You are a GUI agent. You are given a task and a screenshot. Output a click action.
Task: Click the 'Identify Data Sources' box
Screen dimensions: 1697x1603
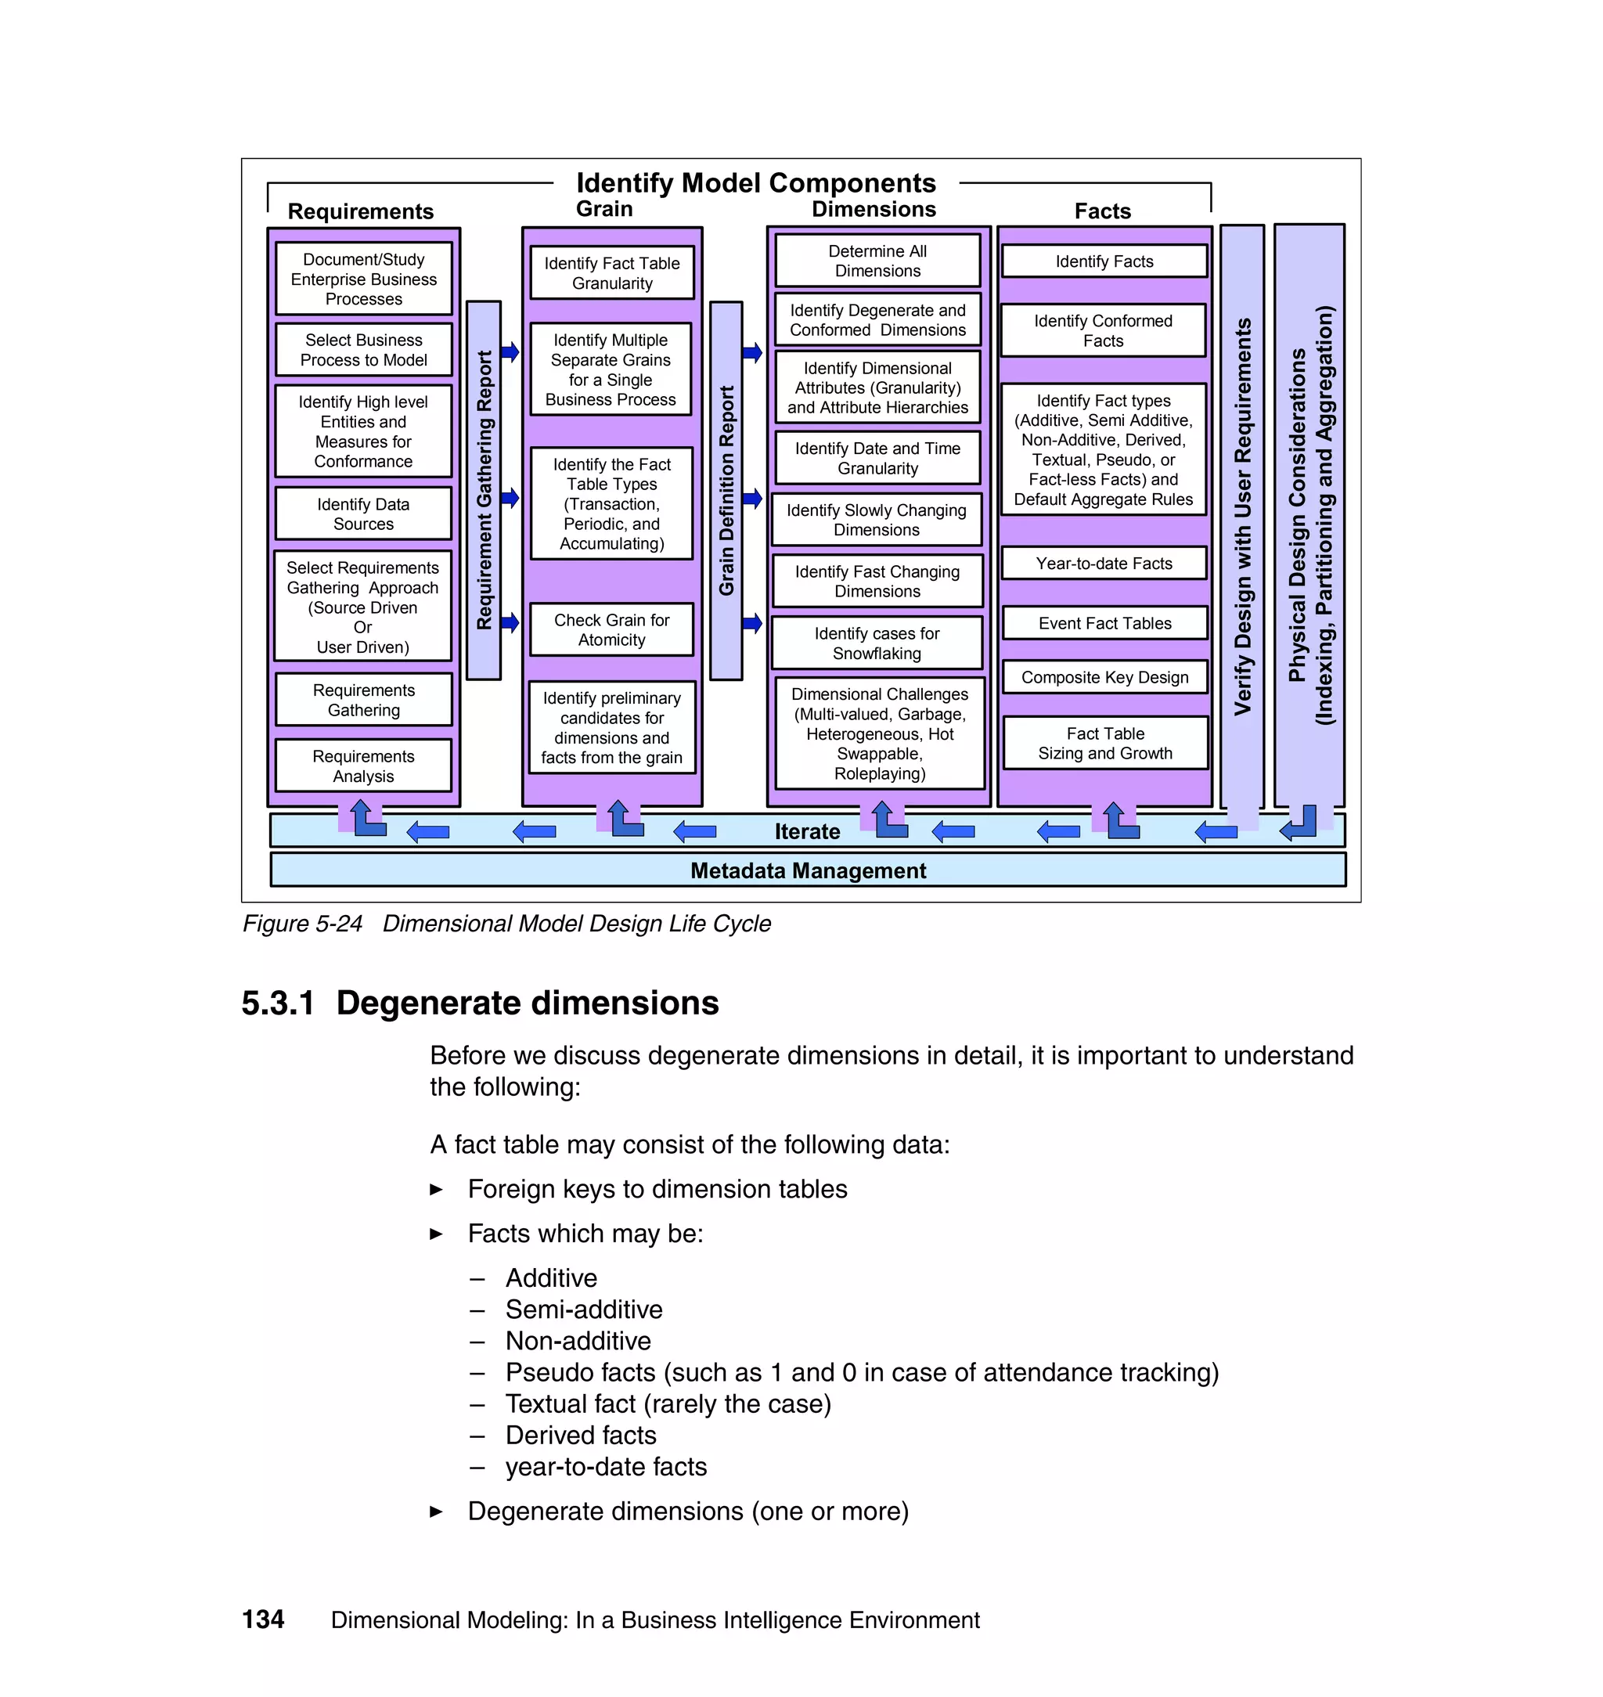tap(363, 514)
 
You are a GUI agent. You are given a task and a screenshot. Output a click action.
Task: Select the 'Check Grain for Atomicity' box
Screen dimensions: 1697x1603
tap(612, 631)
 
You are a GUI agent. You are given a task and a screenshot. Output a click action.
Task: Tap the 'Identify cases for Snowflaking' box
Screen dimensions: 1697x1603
tap(877, 643)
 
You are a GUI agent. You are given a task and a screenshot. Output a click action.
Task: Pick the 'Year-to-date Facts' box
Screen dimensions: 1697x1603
tap(1104, 564)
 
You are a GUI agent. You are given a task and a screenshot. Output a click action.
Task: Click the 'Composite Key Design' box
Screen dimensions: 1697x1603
tap(1104, 678)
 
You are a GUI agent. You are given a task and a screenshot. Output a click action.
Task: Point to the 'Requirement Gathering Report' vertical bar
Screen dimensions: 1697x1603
tap(484, 491)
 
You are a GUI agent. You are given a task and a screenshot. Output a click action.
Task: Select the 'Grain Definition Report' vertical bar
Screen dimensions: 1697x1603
tap(726, 491)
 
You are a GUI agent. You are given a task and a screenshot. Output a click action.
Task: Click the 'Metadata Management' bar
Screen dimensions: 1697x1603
tap(808, 870)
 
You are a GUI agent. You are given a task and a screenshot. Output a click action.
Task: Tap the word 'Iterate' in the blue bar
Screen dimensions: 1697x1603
tap(807, 831)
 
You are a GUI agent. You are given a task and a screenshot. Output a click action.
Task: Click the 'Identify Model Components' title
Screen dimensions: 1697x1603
tap(756, 183)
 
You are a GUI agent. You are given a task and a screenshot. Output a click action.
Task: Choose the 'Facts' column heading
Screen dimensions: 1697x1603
tap(1102, 211)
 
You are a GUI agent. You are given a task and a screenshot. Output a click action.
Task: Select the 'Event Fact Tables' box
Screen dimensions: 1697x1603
tap(1104, 624)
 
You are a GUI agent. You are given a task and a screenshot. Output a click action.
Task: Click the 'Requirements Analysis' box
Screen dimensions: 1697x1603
tap(363, 766)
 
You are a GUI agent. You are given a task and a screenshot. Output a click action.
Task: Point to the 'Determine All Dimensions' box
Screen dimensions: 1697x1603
tap(877, 261)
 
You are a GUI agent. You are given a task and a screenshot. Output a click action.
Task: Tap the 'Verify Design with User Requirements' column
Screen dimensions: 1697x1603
tap(1241, 516)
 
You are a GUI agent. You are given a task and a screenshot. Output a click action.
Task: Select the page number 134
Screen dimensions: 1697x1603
tap(263, 1620)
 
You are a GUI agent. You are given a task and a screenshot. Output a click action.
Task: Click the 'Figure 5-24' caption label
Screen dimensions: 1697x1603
tap(302, 924)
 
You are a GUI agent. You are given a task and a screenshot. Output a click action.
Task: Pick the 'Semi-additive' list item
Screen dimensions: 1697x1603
tap(584, 1309)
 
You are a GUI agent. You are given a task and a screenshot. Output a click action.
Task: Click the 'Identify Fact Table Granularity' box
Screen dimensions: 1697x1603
tap(612, 273)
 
